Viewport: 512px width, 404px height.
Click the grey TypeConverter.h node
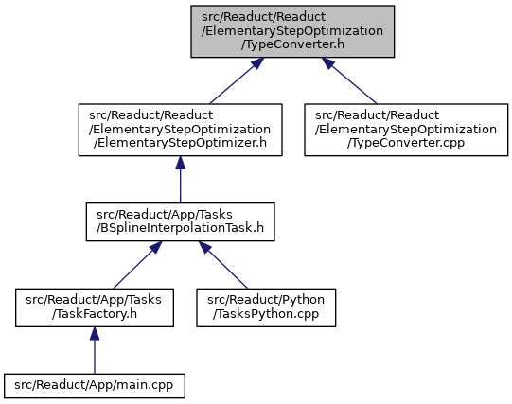[292, 31]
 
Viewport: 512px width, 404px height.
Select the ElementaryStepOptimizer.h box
[180, 130]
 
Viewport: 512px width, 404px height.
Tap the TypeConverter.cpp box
[406, 130]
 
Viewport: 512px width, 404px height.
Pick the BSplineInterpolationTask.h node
[180, 222]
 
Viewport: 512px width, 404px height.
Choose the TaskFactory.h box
[95, 307]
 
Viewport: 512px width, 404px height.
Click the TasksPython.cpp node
[266, 307]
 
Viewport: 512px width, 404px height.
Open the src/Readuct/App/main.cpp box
[95, 386]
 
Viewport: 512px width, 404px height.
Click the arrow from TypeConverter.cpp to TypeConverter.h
[349, 81]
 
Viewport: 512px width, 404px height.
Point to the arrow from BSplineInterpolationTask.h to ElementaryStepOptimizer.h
[180, 180]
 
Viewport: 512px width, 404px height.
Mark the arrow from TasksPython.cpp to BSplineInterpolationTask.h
[223, 265]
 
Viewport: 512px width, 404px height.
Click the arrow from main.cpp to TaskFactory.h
[95, 350]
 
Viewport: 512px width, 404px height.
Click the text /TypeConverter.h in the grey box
[292, 44]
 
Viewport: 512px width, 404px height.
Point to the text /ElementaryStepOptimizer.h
[180, 143]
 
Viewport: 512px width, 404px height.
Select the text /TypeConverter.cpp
[406, 143]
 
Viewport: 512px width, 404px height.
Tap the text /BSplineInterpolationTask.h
[180, 228]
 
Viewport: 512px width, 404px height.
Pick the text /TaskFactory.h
[95, 314]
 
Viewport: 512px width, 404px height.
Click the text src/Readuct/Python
[266, 300]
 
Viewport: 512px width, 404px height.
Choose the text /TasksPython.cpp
[266, 314]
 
